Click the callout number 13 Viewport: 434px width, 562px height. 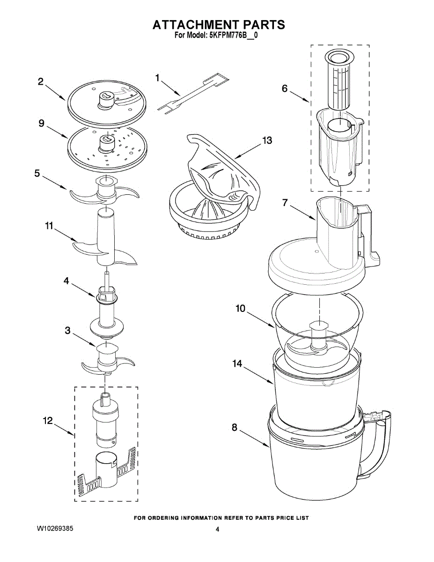(x=267, y=140)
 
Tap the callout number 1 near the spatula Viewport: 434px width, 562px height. (x=157, y=77)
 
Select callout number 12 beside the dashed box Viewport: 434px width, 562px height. (x=48, y=421)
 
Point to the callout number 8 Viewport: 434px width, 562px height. (x=235, y=427)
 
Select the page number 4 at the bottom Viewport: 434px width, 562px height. (x=217, y=529)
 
